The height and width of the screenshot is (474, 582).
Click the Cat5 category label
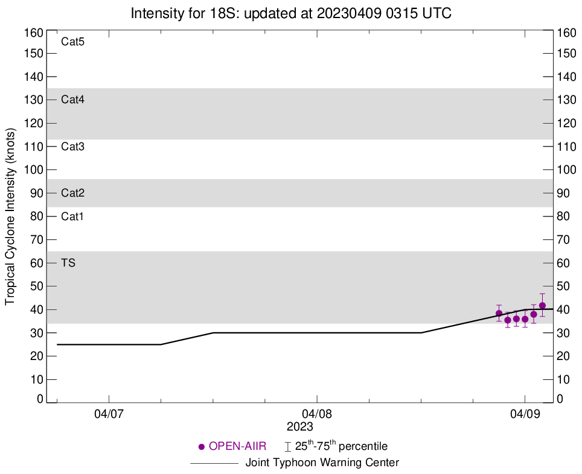point(72,42)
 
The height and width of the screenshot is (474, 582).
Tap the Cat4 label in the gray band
point(72,100)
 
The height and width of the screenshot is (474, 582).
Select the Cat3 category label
point(72,147)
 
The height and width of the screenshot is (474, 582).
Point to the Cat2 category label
point(72,193)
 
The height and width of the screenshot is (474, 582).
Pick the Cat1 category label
point(72,216)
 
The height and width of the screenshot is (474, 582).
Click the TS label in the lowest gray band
point(68,263)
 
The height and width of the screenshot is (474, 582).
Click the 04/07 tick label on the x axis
point(109,415)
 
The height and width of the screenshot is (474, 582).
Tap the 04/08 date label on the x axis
point(317,415)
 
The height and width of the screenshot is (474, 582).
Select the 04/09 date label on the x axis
point(525,415)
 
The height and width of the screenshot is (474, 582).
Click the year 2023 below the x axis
point(299,427)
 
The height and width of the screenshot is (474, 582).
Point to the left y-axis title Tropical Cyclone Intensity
point(10,216)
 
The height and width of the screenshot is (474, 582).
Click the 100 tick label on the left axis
point(34,170)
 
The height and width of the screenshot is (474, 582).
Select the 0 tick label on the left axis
point(39,399)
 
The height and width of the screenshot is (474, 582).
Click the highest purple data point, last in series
point(542,306)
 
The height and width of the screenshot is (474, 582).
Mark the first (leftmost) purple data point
point(499,313)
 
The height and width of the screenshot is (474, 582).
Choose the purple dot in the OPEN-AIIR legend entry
point(202,447)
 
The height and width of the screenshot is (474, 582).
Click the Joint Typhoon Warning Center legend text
point(322,463)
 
